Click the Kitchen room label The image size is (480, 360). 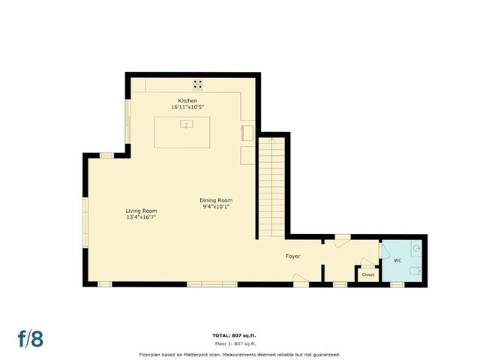(x=187, y=100)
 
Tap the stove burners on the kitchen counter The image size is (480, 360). (x=198, y=85)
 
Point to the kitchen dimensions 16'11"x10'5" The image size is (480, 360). (x=187, y=107)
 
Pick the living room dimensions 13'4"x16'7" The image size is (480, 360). (x=140, y=217)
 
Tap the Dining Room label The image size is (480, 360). (x=216, y=199)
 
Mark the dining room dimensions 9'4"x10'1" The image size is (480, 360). (x=216, y=206)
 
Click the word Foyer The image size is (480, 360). (x=292, y=256)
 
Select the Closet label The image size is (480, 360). (x=368, y=274)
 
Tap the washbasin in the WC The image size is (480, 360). (x=417, y=247)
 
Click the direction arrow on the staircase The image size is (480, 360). (x=271, y=140)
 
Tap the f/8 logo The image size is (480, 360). (x=31, y=338)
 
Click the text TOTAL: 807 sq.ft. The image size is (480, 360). (x=239, y=334)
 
